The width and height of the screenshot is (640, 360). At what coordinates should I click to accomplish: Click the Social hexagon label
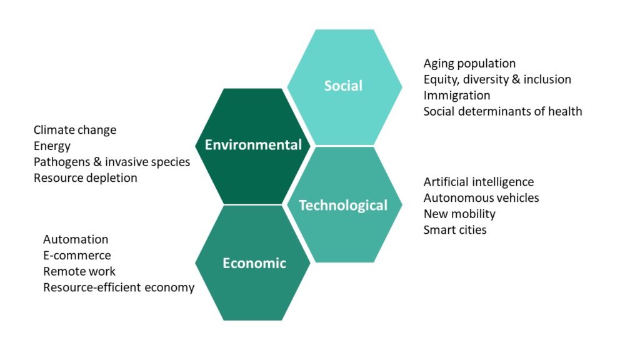(x=343, y=86)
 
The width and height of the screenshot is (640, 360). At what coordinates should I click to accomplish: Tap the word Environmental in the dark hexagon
(x=253, y=144)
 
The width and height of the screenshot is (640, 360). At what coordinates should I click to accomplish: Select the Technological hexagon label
(x=343, y=205)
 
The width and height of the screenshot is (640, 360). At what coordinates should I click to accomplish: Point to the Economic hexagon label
(x=254, y=263)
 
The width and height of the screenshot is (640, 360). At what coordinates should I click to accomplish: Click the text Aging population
(x=469, y=64)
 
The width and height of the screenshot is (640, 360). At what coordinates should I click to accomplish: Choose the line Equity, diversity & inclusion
(x=497, y=79)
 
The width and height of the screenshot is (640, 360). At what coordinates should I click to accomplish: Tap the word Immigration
(x=457, y=96)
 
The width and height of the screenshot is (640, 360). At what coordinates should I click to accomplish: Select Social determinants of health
(x=503, y=111)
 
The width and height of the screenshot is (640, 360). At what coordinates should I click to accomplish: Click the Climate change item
(x=75, y=130)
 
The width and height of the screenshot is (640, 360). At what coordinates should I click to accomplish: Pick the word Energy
(x=52, y=146)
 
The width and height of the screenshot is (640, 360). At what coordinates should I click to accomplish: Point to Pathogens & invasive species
(x=112, y=162)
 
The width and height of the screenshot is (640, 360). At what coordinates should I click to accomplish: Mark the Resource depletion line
(x=85, y=178)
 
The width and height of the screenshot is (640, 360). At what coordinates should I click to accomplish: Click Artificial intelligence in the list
(x=479, y=182)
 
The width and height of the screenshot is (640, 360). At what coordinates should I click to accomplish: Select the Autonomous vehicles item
(x=481, y=198)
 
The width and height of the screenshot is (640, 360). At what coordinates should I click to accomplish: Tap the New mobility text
(x=459, y=214)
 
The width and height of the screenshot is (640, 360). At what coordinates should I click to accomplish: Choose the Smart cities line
(x=455, y=230)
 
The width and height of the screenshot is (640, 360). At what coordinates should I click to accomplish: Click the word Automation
(x=76, y=239)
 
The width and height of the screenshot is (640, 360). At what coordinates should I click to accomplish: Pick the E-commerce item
(x=77, y=256)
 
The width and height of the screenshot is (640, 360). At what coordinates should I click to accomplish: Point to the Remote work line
(x=79, y=271)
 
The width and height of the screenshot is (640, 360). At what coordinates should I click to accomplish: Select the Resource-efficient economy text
(x=119, y=287)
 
